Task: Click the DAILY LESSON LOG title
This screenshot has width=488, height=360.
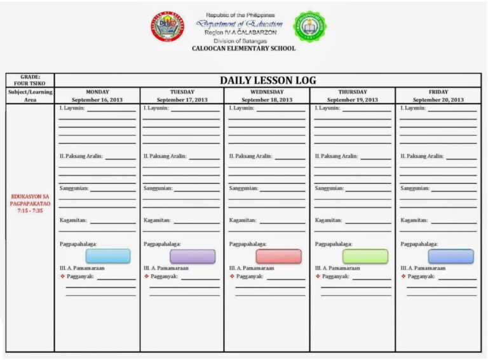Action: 268,80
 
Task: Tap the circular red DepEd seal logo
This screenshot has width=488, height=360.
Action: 168,26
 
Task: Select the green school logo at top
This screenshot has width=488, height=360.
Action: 310,26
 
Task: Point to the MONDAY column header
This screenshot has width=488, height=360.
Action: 97,92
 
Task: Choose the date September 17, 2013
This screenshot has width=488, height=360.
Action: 182,100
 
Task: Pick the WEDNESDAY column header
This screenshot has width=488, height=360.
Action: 267,92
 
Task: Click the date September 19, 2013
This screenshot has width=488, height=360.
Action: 353,100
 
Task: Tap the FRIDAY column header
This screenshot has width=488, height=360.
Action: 438,92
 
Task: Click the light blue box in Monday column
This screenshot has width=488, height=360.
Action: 108,256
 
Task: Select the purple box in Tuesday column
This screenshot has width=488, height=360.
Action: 193,256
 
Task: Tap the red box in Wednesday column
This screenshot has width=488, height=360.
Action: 278,256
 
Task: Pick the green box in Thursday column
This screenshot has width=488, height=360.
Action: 365,256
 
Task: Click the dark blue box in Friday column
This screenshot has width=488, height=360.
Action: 451,256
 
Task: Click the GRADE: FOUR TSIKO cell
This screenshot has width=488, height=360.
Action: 30,80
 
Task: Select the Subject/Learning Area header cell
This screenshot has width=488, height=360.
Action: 30,96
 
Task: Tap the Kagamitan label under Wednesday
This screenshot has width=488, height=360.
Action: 243,220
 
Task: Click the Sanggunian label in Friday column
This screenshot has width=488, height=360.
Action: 415,188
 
